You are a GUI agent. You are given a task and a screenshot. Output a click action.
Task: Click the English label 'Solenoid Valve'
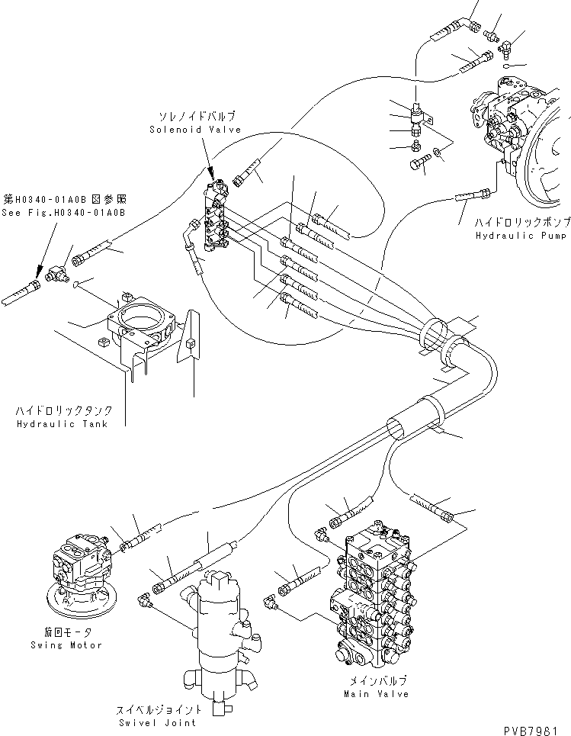195,130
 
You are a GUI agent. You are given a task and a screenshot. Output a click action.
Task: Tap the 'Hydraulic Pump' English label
521,236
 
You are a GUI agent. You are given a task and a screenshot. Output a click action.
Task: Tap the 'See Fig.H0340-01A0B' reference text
63,213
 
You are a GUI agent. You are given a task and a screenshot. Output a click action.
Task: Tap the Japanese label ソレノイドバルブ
197,117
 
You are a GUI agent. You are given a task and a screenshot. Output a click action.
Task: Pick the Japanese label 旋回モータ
69,632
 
